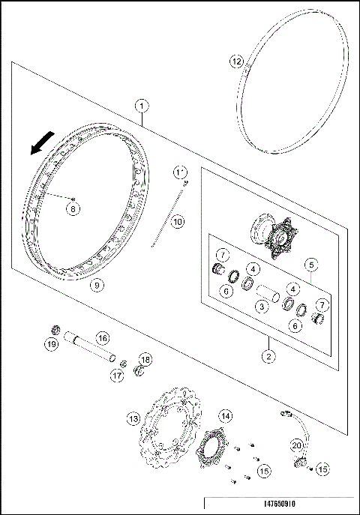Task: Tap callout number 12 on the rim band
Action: pos(236,60)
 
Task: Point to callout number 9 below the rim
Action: pos(96,285)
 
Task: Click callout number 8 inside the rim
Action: pos(73,209)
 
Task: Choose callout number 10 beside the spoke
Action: pos(176,222)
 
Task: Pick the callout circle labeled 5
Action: pos(309,265)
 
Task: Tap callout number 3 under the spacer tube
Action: pos(260,306)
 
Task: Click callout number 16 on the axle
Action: pos(102,339)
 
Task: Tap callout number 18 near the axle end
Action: pos(145,360)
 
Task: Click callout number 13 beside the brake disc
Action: pos(133,418)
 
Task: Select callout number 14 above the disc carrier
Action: pos(223,415)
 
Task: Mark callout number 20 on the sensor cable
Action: pos(297,445)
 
